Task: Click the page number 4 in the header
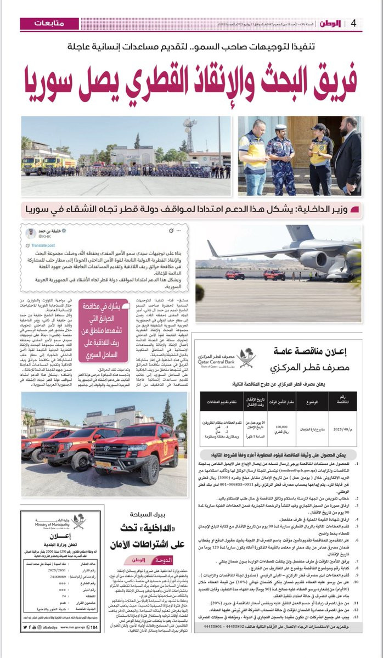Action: pyautogui.click(x=354, y=24)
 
